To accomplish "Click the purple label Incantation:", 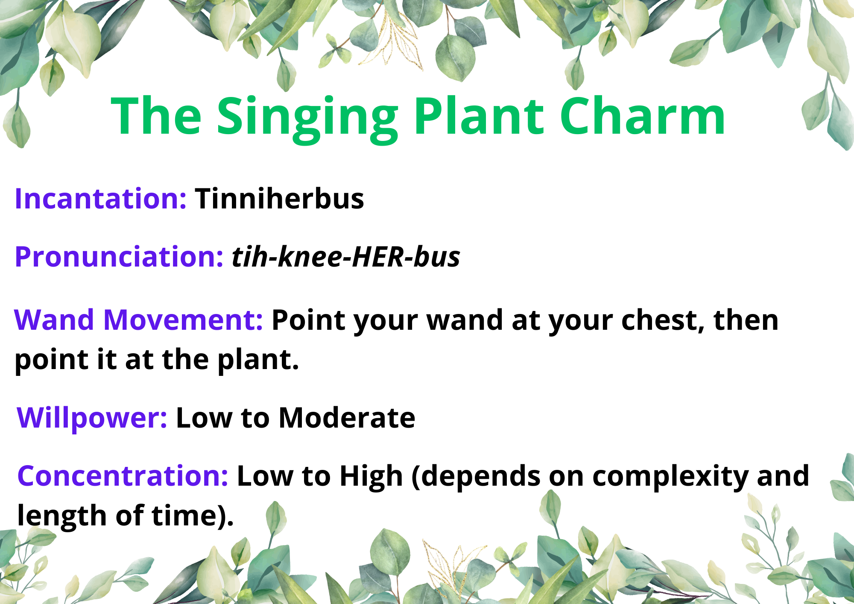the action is click(x=101, y=199).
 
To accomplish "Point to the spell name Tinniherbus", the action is click(x=279, y=199).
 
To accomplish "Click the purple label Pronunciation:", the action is click(x=119, y=257).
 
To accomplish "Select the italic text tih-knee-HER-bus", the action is click(x=346, y=257).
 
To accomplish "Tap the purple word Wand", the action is click(x=54, y=320).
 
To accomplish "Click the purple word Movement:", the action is click(x=183, y=320).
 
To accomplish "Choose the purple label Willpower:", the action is click(x=92, y=418).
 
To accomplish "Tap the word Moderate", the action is click(x=347, y=418).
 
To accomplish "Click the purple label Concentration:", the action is click(x=123, y=476).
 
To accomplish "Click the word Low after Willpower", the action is click(x=204, y=418).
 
